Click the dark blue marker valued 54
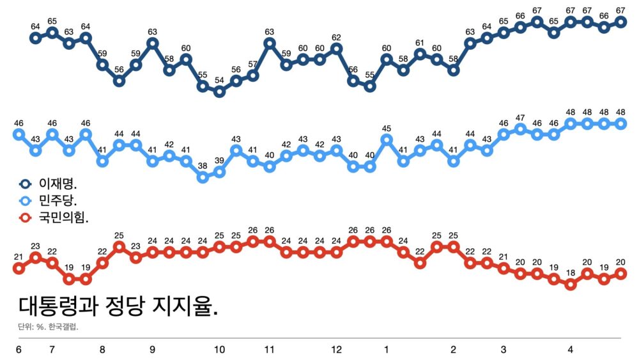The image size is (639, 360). (x=220, y=91)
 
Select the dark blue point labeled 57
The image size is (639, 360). (x=253, y=75)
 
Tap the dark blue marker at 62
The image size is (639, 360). (x=337, y=49)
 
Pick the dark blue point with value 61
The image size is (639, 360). (x=420, y=54)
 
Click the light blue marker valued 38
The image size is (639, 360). (x=203, y=177)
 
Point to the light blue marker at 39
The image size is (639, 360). (x=220, y=172)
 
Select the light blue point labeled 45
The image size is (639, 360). (x=387, y=139)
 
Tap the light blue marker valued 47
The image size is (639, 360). (x=520, y=129)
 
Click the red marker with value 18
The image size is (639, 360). (x=571, y=285)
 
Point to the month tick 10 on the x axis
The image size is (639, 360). (x=219, y=350)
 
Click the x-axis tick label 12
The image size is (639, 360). (x=337, y=350)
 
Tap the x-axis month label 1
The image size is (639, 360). (x=387, y=350)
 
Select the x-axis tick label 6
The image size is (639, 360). (x=19, y=350)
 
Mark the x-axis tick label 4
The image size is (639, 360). (x=571, y=350)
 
